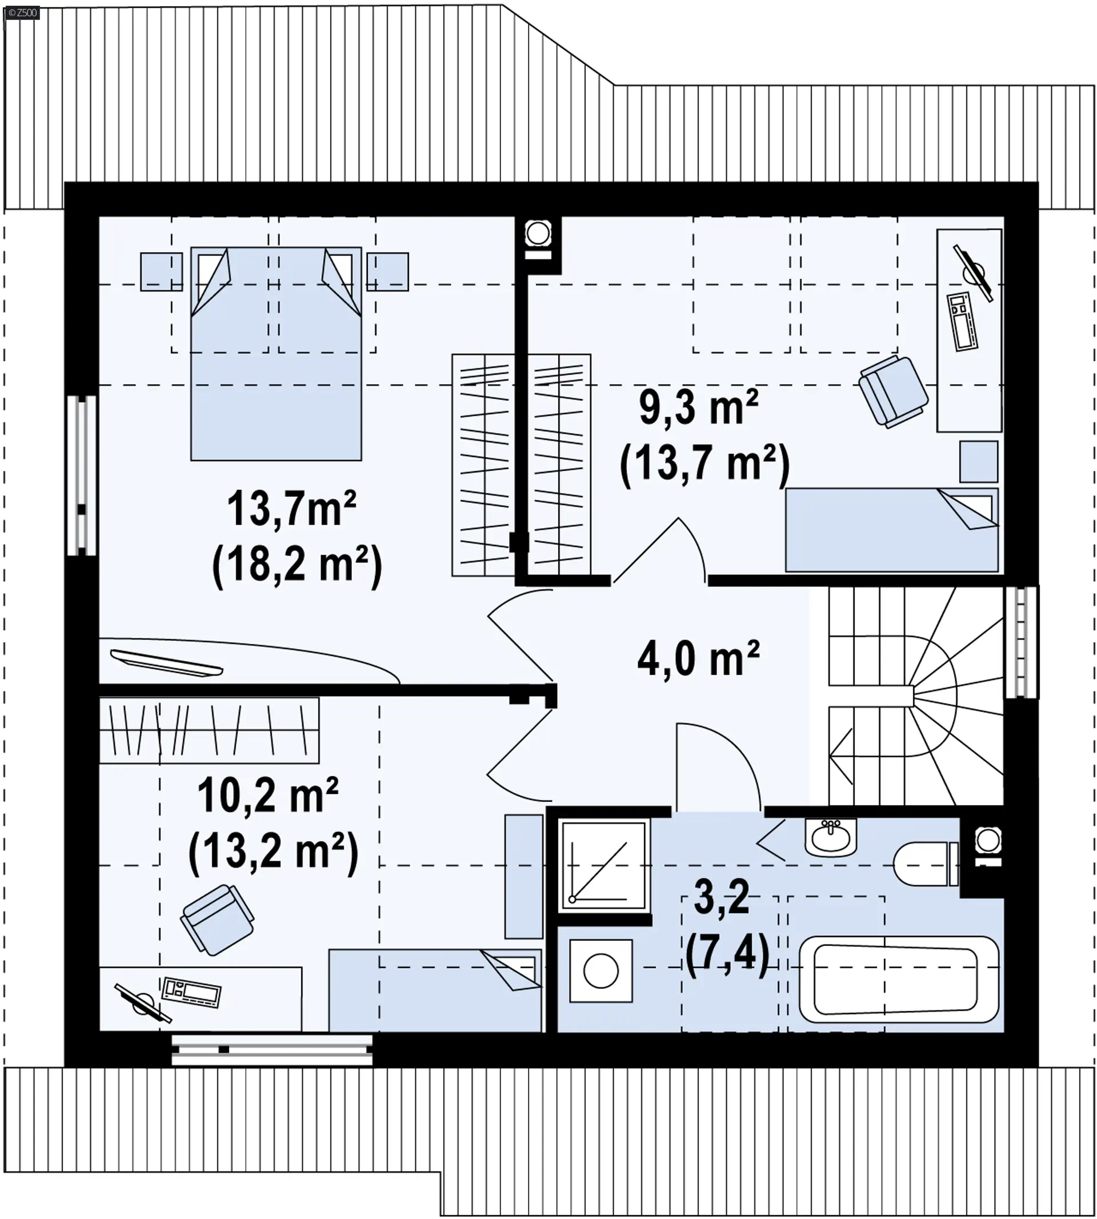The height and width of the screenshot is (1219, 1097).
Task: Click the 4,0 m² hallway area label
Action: [x=698, y=659]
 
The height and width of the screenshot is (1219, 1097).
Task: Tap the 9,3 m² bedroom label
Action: [x=699, y=408]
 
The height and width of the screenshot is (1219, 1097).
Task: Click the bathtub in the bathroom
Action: [x=899, y=979]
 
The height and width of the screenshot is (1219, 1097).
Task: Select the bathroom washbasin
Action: [x=831, y=836]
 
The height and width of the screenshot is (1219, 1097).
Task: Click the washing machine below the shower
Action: [x=601, y=971]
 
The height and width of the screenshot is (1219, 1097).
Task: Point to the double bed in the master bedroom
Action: [x=276, y=353]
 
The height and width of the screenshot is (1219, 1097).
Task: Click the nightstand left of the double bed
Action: [x=162, y=272]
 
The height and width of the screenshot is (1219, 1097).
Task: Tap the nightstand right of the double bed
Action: [x=387, y=272]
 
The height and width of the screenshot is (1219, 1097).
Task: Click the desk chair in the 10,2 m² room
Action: [x=217, y=920]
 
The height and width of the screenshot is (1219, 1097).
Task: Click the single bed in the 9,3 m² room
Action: [x=891, y=530]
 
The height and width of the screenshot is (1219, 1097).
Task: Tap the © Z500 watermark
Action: [x=22, y=12]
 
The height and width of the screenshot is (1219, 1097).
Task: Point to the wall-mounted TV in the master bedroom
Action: [x=166, y=662]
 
